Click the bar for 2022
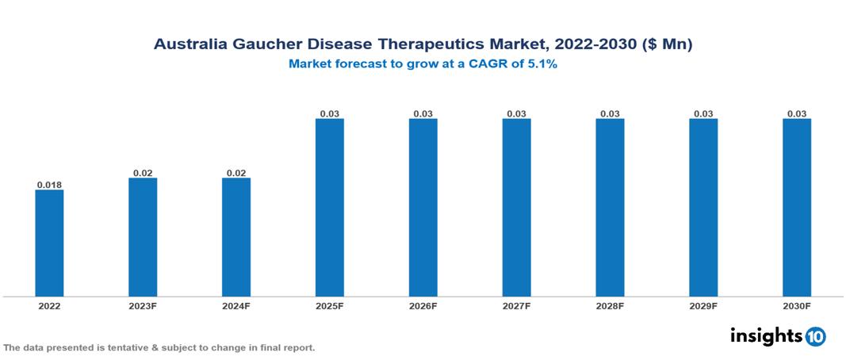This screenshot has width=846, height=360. pyautogui.click(x=49, y=243)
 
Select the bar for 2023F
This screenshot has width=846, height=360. pyautogui.click(x=143, y=237)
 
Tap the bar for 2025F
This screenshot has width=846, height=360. pyautogui.click(x=330, y=208)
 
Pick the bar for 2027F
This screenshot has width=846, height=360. pyautogui.click(x=516, y=208)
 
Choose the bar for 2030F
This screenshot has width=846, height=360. pyautogui.click(x=797, y=208)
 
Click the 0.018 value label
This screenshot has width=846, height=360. pyautogui.click(x=49, y=185)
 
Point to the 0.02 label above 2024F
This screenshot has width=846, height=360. pyautogui.click(x=236, y=173)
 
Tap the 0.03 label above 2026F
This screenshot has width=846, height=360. pyautogui.click(x=423, y=114)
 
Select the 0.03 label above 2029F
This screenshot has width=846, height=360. pyautogui.click(x=703, y=114)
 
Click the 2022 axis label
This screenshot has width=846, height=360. pyautogui.click(x=49, y=305)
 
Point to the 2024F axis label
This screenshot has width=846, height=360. pyautogui.click(x=236, y=305)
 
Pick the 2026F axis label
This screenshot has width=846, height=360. pyautogui.click(x=423, y=305)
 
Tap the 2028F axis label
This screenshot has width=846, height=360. pyautogui.click(x=610, y=305)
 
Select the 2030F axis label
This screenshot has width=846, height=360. pyautogui.click(x=797, y=305)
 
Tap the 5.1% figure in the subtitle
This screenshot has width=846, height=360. pyautogui.click(x=542, y=64)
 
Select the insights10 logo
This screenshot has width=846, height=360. pyautogui.click(x=778, y=336)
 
